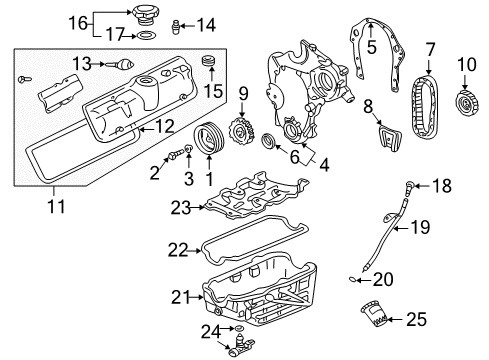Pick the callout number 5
pos(371,45)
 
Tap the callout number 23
pos(181,208)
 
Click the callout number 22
pos(177,249)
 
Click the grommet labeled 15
pos(208,67)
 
